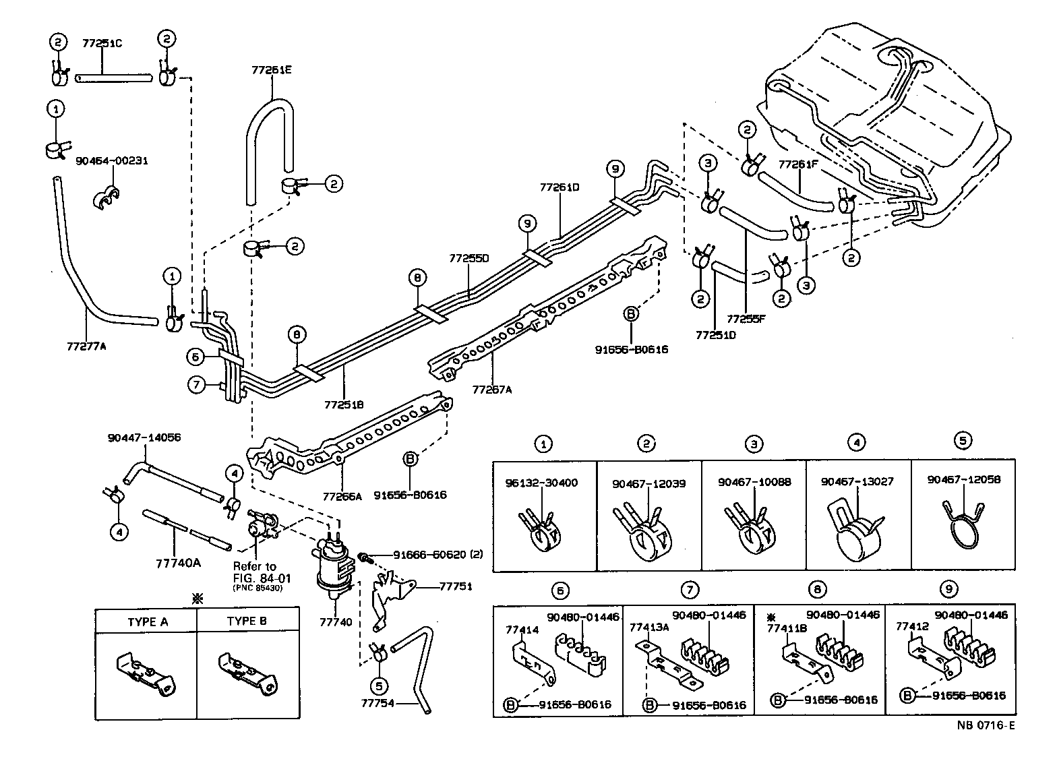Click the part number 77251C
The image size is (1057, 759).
[x=102, y=43]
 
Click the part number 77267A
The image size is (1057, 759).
[x=492, y=389]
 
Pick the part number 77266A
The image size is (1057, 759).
[x=342, y=496]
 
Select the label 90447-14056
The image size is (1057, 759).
[x=144, y=437]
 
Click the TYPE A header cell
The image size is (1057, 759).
[x=147, y=621]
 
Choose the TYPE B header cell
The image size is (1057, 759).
[x=247, y=621]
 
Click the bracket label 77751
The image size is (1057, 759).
[x=455, y=586]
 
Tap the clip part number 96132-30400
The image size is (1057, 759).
[x=541, y=483]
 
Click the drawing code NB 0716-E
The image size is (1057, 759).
[x=986, y=726]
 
